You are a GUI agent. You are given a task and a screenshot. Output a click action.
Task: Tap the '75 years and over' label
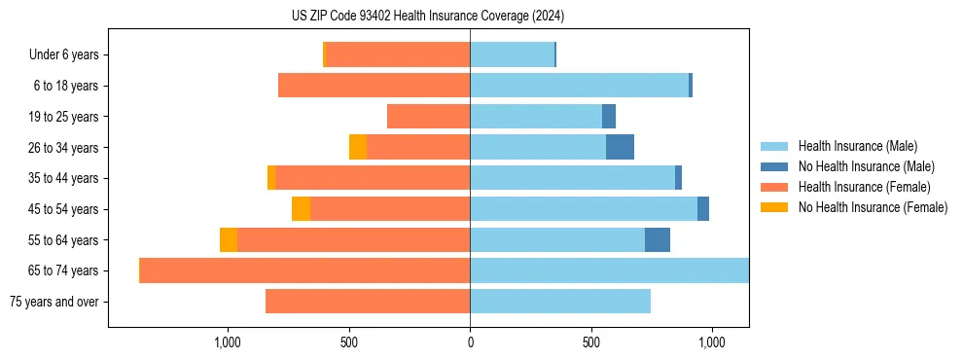click(53, 302)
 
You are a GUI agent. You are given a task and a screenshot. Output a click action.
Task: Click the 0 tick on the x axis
click(470, 342)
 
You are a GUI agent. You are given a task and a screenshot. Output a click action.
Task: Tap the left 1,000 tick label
click(227, 342)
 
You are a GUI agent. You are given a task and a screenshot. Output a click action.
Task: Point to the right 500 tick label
click(590, 342)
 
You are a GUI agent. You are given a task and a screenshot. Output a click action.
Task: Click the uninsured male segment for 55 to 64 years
click(658, 240)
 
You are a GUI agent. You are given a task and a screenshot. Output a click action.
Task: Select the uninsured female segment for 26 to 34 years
click(358, 148)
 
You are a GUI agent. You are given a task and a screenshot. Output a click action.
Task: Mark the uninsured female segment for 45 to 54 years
click(301, 209)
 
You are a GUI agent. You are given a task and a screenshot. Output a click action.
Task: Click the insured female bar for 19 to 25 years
click(428, 117)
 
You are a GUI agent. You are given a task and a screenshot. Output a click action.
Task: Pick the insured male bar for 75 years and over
click(560, 302)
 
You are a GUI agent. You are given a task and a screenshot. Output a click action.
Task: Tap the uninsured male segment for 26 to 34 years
click(620, 148)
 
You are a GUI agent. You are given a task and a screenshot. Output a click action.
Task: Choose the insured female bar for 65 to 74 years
click(304, 270)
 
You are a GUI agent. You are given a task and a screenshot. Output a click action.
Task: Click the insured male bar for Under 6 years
click(512, 55)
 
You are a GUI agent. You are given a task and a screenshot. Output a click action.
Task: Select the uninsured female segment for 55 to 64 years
click(229, 240)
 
